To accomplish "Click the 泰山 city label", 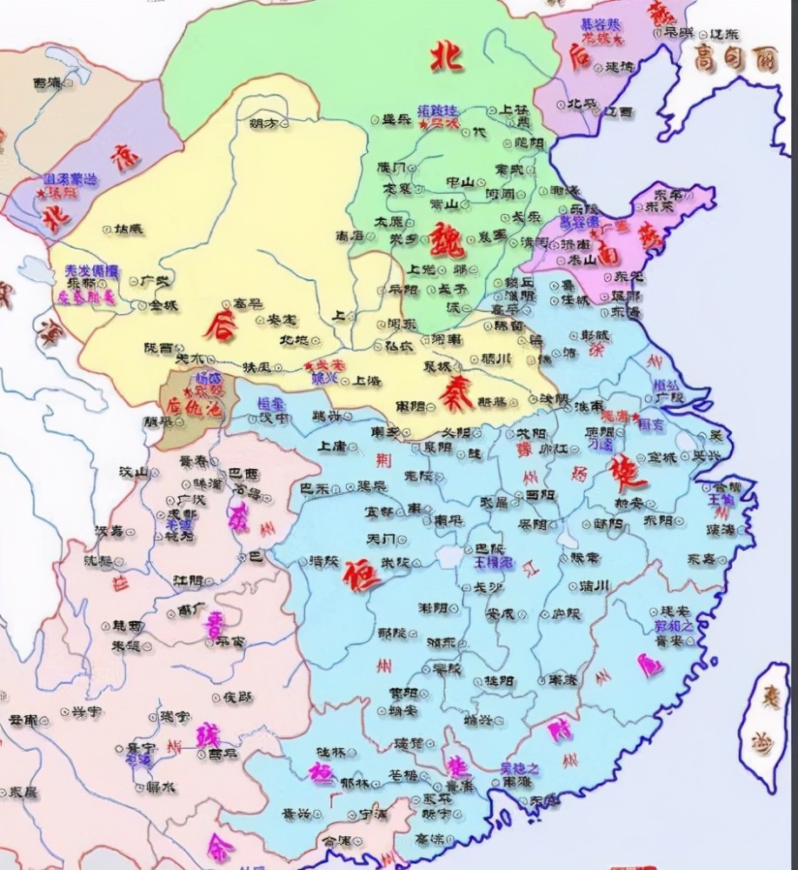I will coord(582,259).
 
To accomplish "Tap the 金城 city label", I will coord(163,305).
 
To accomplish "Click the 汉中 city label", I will coord(275,418).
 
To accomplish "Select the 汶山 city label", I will coord(134,471).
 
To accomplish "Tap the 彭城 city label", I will coord(595,334).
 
